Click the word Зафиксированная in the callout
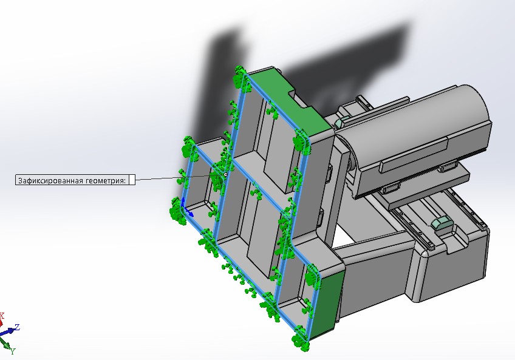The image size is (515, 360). tap(50, 180)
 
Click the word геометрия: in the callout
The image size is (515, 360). tap(106, 180)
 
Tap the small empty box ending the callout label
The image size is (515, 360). tap(132, 180)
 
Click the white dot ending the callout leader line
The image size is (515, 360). tap(225, 175)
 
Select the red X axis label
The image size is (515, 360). tap(2, 316)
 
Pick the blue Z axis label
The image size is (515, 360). tap(17, 327)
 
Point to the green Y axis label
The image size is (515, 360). tap(13, 352)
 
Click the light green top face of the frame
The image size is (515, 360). tap(289, 98)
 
